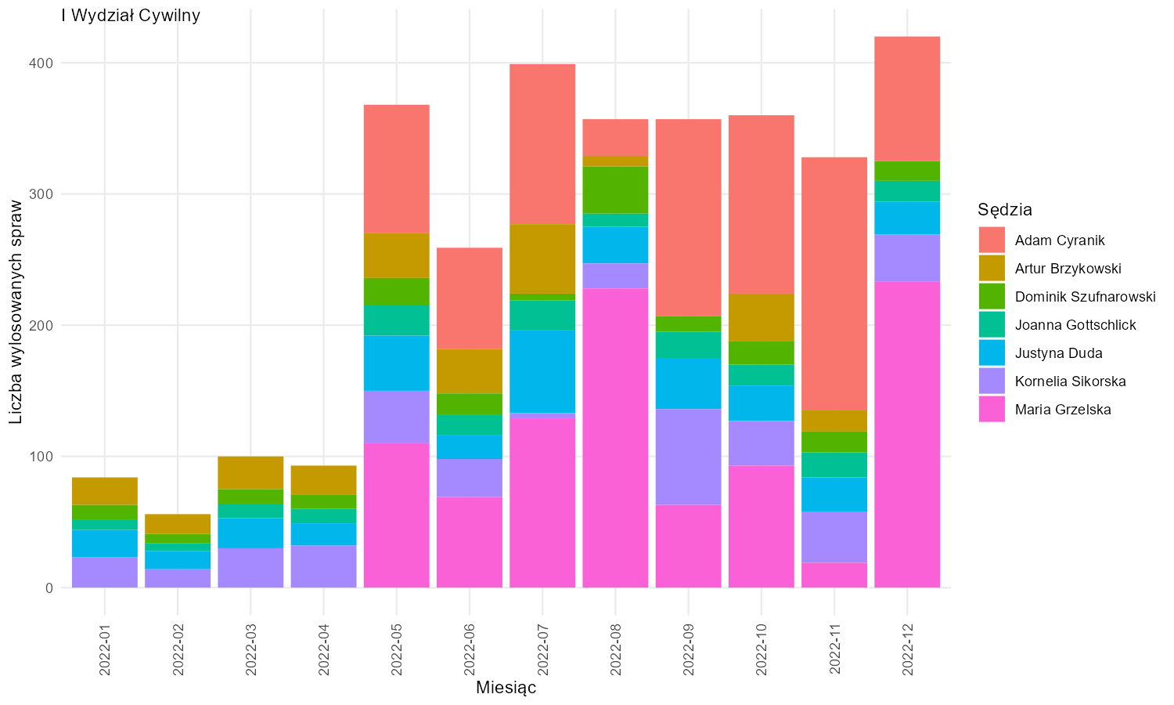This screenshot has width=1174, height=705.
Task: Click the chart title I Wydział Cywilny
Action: click(x=131, y=15)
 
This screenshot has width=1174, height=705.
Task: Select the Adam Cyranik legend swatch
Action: click(x=992, y=240)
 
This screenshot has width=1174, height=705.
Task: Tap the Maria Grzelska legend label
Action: click(x=1063, y=409)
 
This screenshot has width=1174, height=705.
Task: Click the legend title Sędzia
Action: click(x=1005, y=210)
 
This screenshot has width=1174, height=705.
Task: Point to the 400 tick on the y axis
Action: click(x=42, y=63)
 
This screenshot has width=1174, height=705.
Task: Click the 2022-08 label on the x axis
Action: click(x=615, y=649)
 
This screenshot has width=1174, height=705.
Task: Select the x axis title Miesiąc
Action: click(x=506, y=688)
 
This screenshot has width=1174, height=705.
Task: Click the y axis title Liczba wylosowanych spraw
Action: click(x=16, y=312)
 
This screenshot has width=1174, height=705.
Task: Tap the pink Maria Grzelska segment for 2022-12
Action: click(x=907, y=434)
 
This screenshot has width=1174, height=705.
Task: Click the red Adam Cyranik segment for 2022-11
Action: click(x=834, y=284)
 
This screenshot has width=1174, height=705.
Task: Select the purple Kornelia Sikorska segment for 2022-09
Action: click(x=688, y=457)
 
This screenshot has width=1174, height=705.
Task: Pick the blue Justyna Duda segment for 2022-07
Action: click(x=542, y=371)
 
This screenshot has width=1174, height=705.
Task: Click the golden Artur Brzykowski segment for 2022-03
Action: click(x=250, y=472)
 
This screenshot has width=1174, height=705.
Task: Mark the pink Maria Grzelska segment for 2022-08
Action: click(x=615, y=438)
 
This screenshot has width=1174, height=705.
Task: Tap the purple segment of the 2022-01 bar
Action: click(x=105, y=573)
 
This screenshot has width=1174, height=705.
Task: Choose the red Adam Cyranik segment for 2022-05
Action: click(x=397, y=169)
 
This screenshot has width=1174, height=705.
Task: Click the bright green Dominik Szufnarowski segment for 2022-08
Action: click(x=615, y=190)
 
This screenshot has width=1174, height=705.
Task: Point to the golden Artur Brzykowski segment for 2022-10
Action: click(x=762, y=317)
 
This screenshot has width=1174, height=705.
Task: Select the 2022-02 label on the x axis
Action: click(x=178, y=649)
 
